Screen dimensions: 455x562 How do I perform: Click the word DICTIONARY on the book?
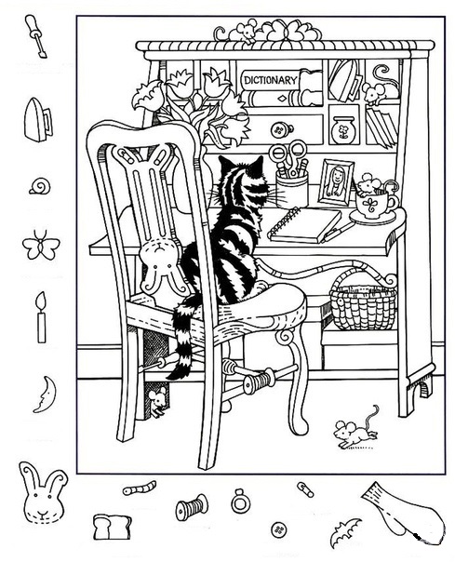(x=271, y=80)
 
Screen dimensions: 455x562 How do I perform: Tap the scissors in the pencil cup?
(x=288, y=156)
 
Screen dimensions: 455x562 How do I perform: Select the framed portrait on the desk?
(x=336, y=182)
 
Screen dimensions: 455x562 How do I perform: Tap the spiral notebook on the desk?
(x=304, y=224)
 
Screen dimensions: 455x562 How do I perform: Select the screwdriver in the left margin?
(x=36, y=36)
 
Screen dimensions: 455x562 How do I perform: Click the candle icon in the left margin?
(x=42, y=317)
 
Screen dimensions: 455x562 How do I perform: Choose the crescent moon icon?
(x=46, y=394)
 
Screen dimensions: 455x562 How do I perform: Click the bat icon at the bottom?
(x=345, y=531)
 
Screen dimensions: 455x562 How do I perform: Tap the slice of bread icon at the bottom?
(x=112, y=527)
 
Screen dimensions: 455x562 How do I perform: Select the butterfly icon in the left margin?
(x=41, y=245)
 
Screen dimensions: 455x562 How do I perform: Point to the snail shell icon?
(x=40, y=186)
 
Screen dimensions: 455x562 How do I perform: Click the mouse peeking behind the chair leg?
(x=156, y=401)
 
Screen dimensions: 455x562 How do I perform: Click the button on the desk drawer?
(x=279, y=129)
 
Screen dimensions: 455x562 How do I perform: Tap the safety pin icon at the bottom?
(x=306, y=488)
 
